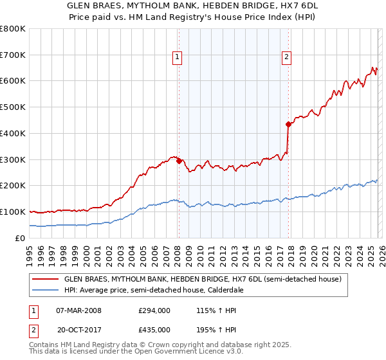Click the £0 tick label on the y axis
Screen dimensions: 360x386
(x=19, y=238)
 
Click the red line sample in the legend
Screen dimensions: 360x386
(x=45, y=280)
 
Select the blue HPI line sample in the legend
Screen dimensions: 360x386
(x=45, y=291)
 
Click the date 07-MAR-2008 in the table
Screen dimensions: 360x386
(x=78, y=310)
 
